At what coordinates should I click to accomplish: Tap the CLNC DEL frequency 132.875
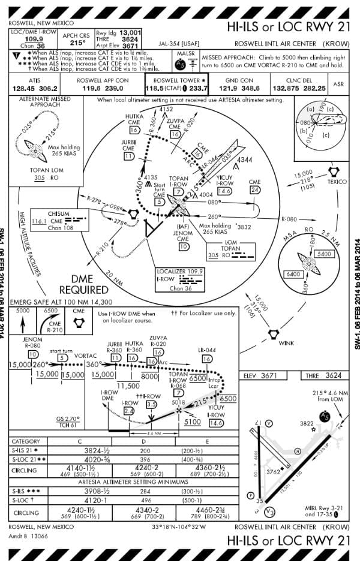click(x=287, y=88)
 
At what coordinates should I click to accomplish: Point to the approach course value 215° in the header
click(x=77, y=43)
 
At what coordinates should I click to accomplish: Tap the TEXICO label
click(x=337, y=182)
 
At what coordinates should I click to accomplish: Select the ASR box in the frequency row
click(x=338, y=85)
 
